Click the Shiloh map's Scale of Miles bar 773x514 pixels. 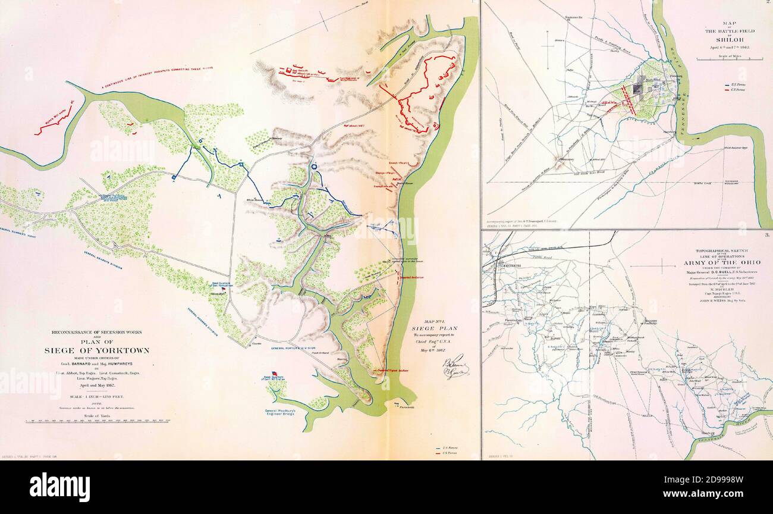pyautogui.click(x=730, y=59)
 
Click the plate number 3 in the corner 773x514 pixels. pyautogui.click(x=767, y=236)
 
